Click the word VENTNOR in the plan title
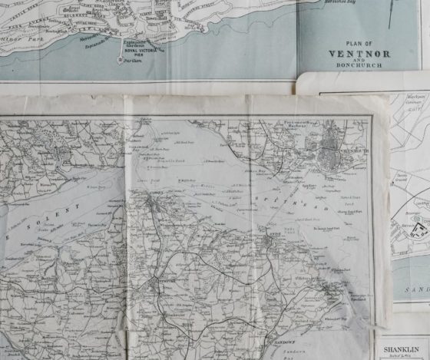pyautogui.click(x=359, y=54)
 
